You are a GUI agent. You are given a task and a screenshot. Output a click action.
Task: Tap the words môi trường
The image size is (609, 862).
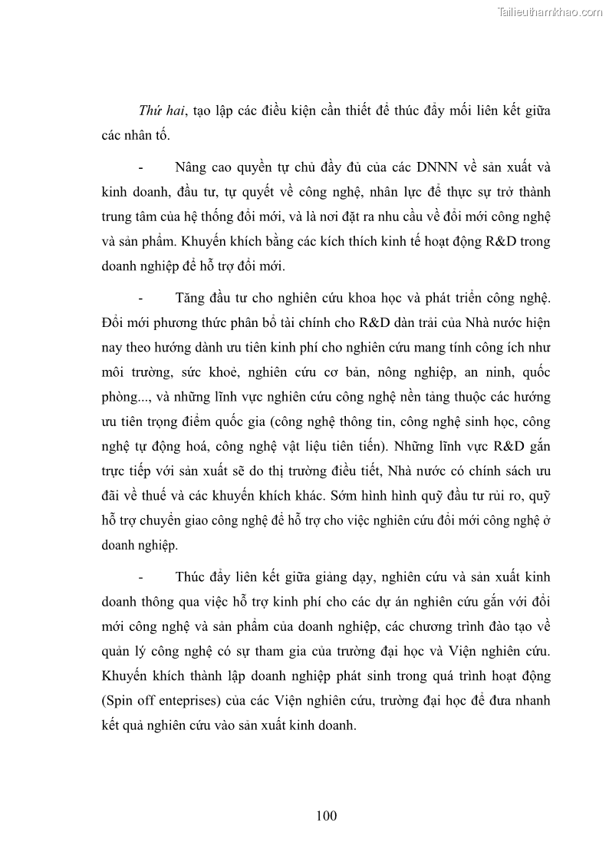click(x=131, y=372)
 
